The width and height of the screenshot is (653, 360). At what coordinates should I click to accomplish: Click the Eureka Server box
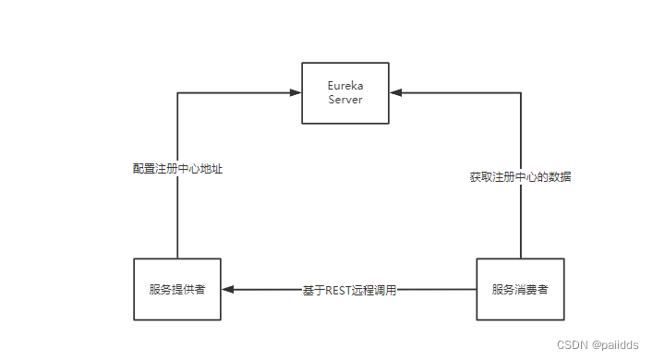point(345,92)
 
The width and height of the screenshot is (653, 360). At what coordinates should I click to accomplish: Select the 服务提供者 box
point(176,289)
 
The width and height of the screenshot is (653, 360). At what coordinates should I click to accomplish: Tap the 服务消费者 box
point(520,289)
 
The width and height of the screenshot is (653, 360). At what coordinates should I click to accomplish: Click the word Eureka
point(345,86)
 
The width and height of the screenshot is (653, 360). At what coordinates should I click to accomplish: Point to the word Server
point(345,100)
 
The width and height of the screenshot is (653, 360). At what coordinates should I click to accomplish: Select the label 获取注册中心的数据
point(520,176)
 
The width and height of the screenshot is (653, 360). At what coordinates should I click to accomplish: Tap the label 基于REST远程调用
point(349,290)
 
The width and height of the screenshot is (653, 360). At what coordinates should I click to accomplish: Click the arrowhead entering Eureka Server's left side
point(296,92)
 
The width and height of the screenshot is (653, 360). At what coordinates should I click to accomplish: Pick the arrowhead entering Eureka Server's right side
point(395,92)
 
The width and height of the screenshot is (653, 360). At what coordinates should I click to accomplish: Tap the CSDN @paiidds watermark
point(598,344)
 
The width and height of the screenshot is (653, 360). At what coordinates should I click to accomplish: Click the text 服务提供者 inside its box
point(176,289)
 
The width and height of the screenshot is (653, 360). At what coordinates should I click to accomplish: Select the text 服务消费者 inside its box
point(520,289)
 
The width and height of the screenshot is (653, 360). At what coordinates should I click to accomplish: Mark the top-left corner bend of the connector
point(176,92)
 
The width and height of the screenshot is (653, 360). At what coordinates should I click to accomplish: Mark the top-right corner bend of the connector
point(520,92)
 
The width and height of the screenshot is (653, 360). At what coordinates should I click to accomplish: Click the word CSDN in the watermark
point(573,344)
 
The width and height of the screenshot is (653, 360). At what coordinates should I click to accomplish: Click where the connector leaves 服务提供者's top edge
point(176,258)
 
